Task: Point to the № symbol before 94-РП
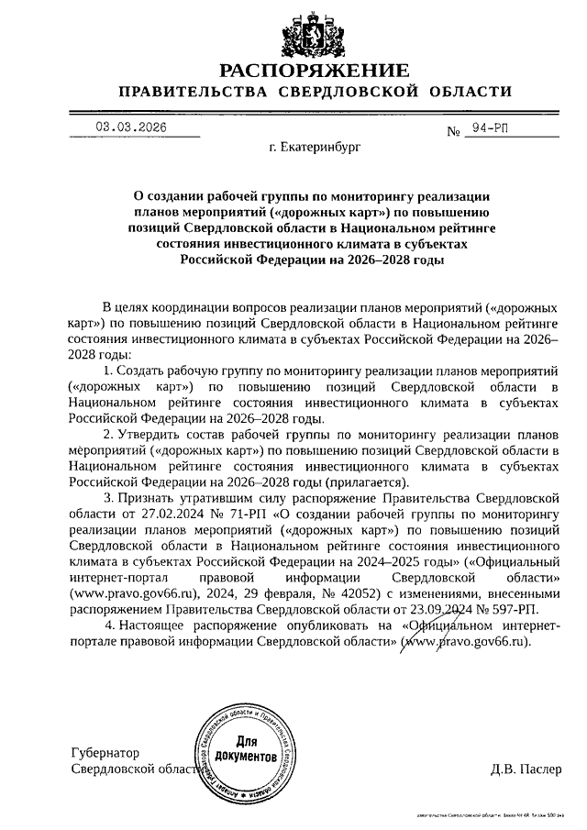pos(453,132)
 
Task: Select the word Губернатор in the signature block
pos(104,753)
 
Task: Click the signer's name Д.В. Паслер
pos(525,769)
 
